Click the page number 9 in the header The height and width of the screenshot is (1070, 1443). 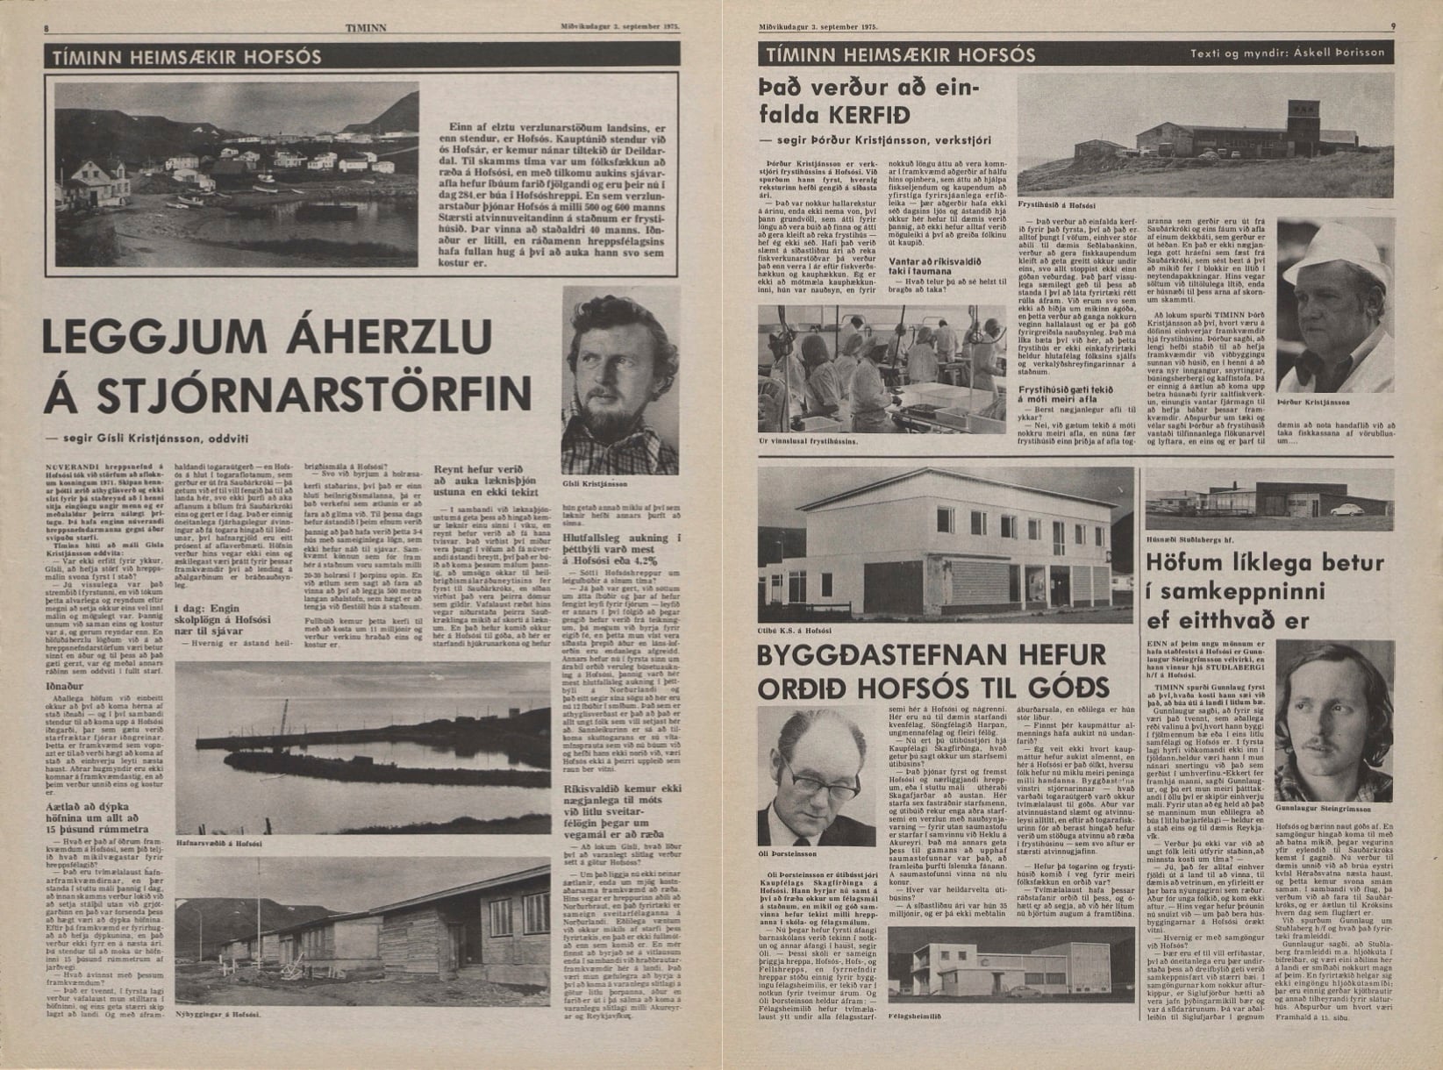click(x=1393, y=27)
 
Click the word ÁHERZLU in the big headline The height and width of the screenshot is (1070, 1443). click(x=356, y=338)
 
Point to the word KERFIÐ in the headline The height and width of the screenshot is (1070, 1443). click(x=887, y=115)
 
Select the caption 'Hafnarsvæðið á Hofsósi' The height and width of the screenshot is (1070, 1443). click(x=212, y=842)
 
